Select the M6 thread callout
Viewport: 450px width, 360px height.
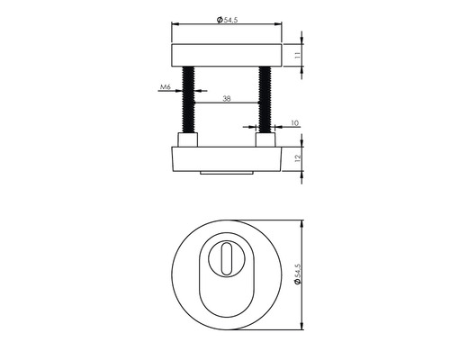[165, 88]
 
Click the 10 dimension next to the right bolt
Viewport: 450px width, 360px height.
[293, 118]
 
